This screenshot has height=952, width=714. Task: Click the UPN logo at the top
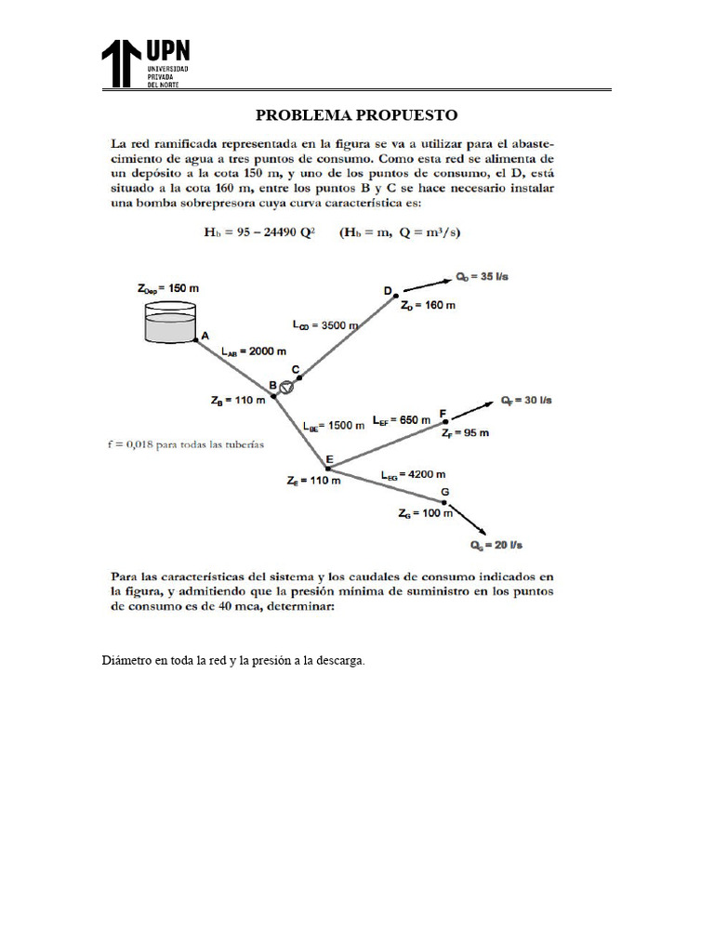[x=146, y=62]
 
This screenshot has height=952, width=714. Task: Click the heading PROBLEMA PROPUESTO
[x=357, y=115]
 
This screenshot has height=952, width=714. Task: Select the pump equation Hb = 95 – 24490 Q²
[x=260, y=232]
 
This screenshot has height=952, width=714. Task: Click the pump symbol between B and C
[x=287, y=388]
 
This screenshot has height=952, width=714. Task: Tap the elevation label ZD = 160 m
[x=428, y=305]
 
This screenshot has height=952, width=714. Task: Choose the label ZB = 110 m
[x=239, y=401]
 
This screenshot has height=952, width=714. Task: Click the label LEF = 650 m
[x=402, y=420]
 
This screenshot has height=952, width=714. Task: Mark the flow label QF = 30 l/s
[x=526, y=400]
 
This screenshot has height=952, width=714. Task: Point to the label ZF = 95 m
[x=465, y=433]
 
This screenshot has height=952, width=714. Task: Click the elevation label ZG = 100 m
[x=425, y=513]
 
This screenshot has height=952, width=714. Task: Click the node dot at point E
[x=328, y=468]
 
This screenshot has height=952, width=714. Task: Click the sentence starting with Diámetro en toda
[x=232, y=661]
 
